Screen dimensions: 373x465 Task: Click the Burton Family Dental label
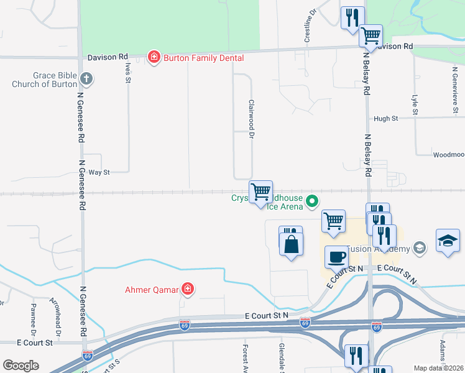[x=203, y=58]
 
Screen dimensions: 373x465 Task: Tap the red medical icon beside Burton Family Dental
[x=154, y=58]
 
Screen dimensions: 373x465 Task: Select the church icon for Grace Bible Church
[x=86, y=80]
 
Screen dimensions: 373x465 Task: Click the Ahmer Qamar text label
[x=152, y=289]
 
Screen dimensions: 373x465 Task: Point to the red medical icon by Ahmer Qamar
[x=186, y=289]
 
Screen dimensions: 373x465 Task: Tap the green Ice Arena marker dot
[x=312, y=201]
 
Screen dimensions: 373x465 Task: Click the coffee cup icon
[x=336, y=256]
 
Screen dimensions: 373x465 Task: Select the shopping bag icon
[x=291, y=243]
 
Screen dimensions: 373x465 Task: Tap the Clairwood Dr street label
[x=252, y=119]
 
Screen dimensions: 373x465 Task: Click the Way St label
[x=98, y=172]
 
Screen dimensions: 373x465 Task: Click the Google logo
[x=21, y=366]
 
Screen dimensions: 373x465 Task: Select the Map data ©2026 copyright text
[x=439, y=368]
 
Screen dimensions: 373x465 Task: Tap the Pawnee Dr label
[x=34, y=318]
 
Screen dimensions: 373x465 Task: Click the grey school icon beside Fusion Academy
[x=420, y=249]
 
